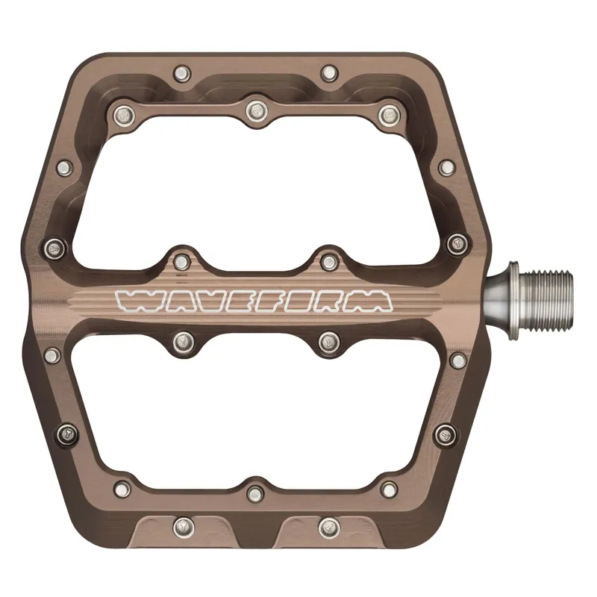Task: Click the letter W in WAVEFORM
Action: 134,300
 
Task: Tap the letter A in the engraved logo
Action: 171,300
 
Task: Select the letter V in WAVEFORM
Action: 204,300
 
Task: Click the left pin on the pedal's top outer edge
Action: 181,73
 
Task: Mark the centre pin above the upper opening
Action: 256,110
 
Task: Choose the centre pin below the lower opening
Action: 256,493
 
